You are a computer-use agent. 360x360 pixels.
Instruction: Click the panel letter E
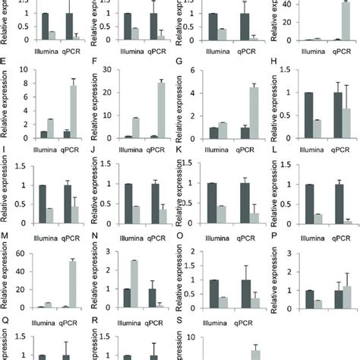(5, 66)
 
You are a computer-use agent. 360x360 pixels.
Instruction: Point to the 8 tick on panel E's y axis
(24, 72)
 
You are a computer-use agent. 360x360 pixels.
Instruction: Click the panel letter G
(180, 66)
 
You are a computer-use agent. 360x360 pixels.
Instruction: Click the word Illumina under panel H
(295, 145)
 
